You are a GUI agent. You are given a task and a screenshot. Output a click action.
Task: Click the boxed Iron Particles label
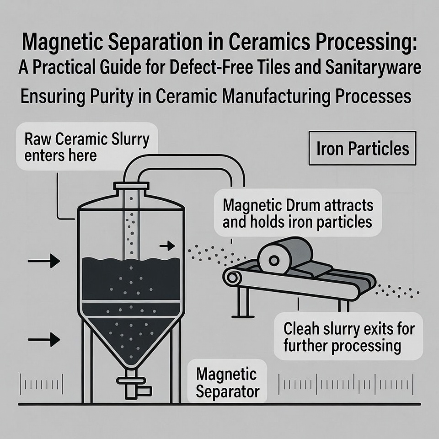click(363, 148)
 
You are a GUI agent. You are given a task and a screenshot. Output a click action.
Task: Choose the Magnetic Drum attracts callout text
click(298, 213)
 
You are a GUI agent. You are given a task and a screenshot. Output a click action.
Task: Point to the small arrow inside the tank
click(167, 246)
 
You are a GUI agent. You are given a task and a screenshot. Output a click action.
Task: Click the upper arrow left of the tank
click(44, 261)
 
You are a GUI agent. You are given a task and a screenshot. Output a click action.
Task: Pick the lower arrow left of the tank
click(44, 339)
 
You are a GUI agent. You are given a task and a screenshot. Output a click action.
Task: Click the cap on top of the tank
click(131, 186)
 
